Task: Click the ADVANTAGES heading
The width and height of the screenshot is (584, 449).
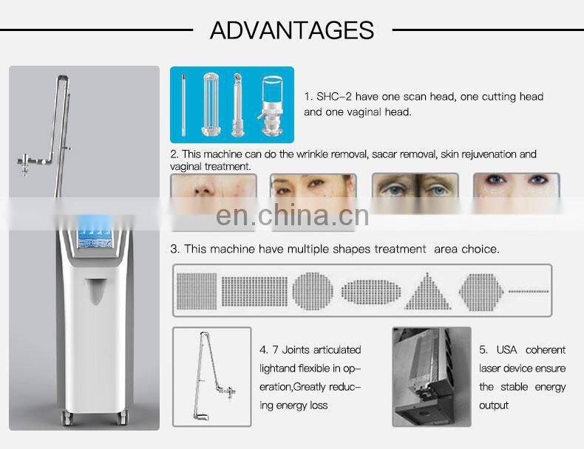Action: [292, 30]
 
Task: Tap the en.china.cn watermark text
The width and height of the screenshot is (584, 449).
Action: [292, 216]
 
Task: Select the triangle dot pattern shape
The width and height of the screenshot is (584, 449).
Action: [427, 291]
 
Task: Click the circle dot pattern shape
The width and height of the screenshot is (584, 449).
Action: [313, 291]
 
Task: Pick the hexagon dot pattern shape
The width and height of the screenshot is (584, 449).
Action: [481, 292]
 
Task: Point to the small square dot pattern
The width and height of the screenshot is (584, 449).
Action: [197, 291]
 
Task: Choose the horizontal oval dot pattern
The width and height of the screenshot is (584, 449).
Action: [371, 292]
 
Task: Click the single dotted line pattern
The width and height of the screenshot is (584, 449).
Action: [529, 291]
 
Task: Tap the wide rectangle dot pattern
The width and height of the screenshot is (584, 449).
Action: [254, 291]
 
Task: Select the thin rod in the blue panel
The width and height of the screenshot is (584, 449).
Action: [183, 105]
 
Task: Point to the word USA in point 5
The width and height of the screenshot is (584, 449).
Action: [506, 350]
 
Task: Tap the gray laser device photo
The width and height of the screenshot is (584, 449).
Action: [431, 377]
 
